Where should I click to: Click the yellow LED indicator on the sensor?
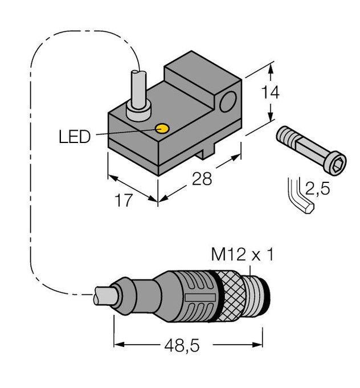coord(162,129)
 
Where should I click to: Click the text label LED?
coord(75,137)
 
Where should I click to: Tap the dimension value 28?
coord(202,179)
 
